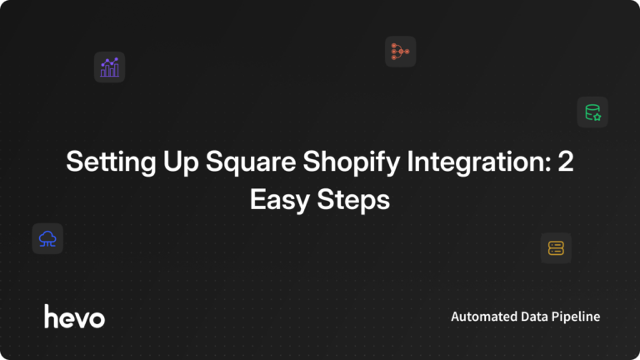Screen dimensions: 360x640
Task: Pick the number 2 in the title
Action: click(x=566, y=162)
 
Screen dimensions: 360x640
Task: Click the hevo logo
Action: click(x=74, y=317)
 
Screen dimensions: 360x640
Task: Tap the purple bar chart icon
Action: click(x=109, y=67)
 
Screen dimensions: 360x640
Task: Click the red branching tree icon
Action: click(x=400, y=52)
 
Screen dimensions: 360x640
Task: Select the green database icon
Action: click(x=592, y=112)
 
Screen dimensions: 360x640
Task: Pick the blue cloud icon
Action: click(x=47, y=239)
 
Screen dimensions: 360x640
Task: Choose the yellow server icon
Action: click(x=556, y=247)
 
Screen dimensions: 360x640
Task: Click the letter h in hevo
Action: click(x=51, y=316)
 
